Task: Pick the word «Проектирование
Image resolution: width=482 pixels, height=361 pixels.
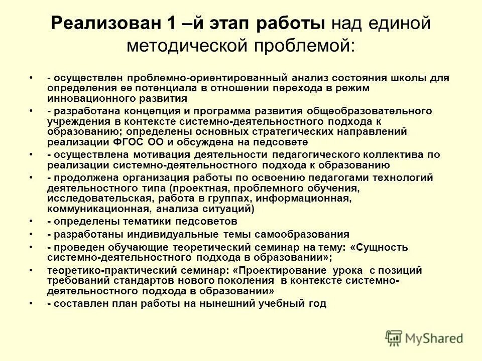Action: pos(279,271)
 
